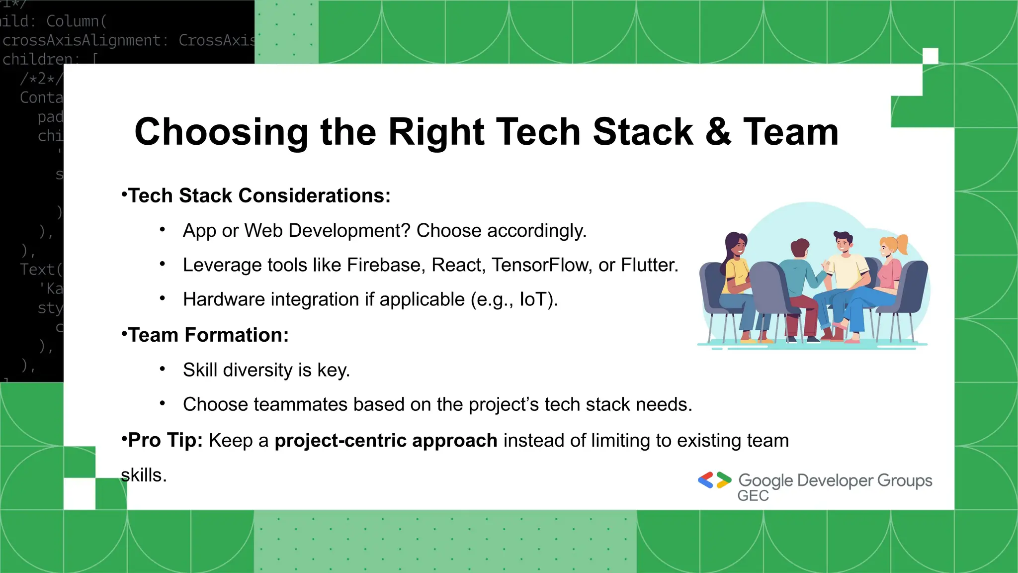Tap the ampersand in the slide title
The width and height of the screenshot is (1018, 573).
tap(718, 132)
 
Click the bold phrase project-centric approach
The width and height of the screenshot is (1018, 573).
tap(386, 441)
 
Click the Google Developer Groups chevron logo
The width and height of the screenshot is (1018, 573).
tap(714, 480)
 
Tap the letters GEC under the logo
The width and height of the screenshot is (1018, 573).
tap(753, 496)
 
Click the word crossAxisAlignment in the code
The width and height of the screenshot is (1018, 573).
tap(82, 40)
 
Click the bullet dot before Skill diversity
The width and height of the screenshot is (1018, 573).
tap(162, 370)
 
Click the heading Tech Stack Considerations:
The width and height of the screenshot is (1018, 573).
tap(259, 196)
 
